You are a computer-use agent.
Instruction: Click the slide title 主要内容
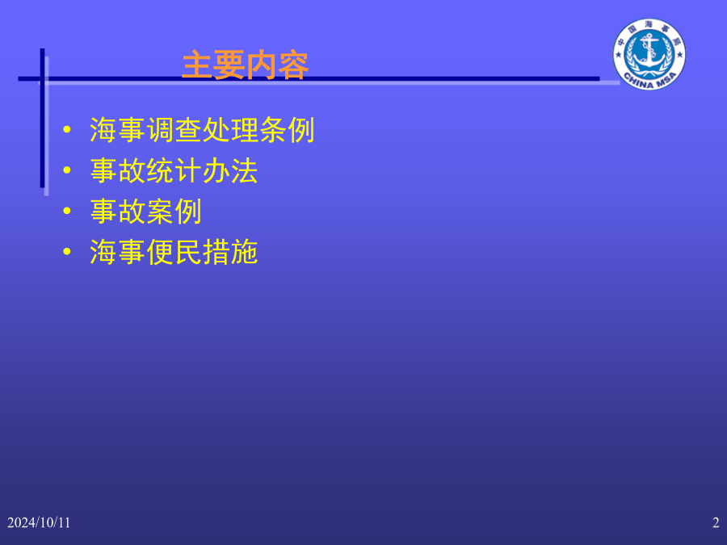[x=245, y=66]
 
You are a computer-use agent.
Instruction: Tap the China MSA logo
[x=649, y=54]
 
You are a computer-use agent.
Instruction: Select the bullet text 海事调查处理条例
[x=202, y=130]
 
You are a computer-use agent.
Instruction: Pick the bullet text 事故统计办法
[x=174, y=170]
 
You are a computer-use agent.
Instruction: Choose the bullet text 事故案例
[x=145, y=212]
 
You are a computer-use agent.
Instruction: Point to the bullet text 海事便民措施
[x=174, y=252]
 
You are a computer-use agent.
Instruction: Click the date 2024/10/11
[x=39, y=522]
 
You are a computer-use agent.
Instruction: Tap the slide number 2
[x=716, y=522]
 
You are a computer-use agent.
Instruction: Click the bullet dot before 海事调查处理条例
[x=67, y=129]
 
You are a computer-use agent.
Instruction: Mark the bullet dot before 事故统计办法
[x=67, y=170]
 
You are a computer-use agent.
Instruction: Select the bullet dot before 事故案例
[x=67, y=211]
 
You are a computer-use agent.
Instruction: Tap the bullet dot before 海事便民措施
[x=67, y=252]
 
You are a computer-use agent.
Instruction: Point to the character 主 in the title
[x=197, y=66]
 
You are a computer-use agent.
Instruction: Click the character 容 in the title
[x=293, y=66]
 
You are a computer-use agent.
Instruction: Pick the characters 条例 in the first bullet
[x=287, y=130]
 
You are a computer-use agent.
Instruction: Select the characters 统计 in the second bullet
[x=174, y=170]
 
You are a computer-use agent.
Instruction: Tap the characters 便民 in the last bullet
[x=174, y=252]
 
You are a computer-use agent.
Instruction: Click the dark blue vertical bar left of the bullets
[x=42, y=118]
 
